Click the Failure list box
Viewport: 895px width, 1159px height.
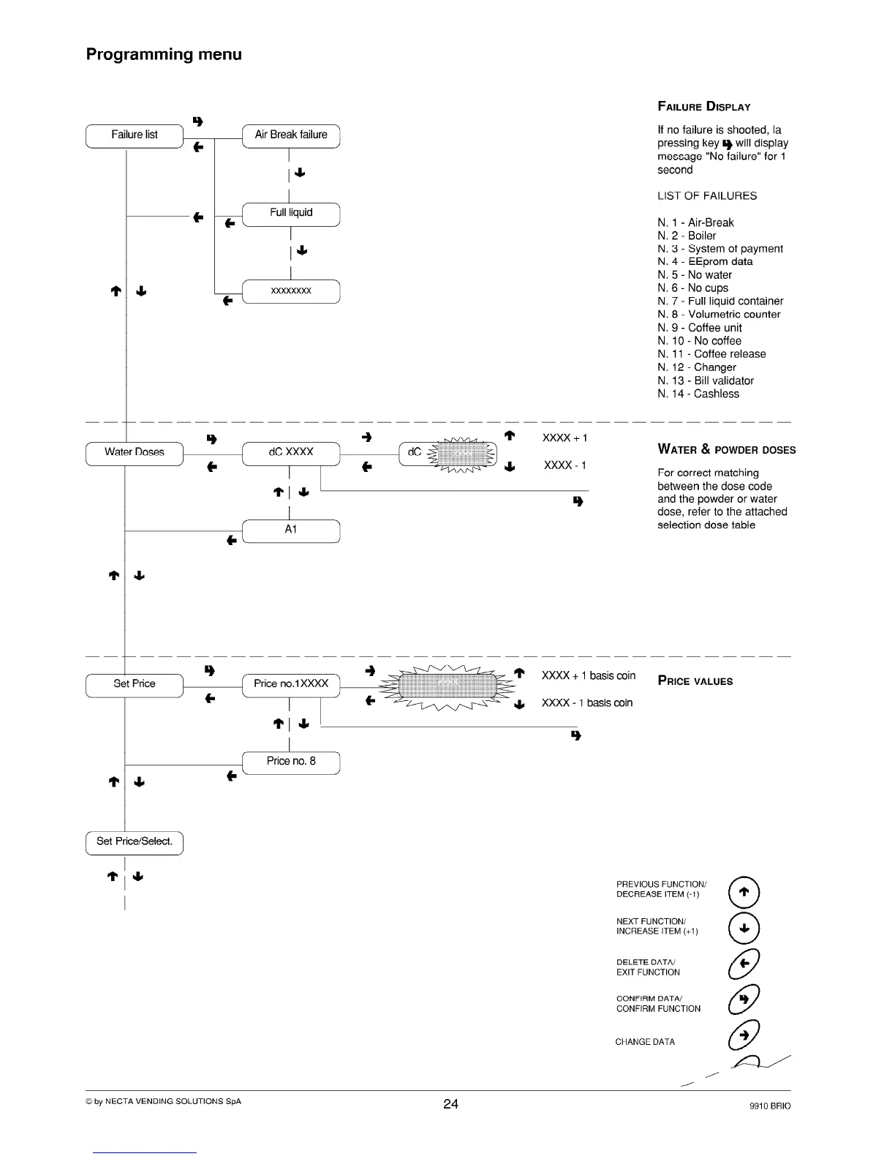(x=135, y=135)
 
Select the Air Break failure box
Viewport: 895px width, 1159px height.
(x=291, y=135)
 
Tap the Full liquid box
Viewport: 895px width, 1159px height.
(x=291, y=214)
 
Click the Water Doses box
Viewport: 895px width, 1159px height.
(x=135, y=453)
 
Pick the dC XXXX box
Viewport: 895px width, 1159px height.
(x=291, y=453)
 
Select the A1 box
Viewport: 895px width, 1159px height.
(x=291, y=530)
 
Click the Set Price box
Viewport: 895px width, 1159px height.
(x=135, y=685)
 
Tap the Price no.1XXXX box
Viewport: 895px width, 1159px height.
(x=291, y=685)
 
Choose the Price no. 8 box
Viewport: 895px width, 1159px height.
(x=291, y=762)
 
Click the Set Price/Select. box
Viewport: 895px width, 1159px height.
(x=135, y=842)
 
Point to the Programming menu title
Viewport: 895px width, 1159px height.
(x=164, y=54)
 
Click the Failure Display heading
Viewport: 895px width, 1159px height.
(x=703, y=107)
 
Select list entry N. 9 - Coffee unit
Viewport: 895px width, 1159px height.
(x=699, y=328)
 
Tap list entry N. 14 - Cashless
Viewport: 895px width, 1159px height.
(x=698, y=394)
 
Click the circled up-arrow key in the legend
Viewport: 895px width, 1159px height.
(x=744, y=891)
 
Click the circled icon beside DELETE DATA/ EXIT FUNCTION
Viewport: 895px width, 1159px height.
(x=744, y=964)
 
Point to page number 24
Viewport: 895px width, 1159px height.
(x=450, y=1103)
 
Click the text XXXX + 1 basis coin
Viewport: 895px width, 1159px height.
(x=589, y=676)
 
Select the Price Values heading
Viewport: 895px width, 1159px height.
(x=695, y=681)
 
